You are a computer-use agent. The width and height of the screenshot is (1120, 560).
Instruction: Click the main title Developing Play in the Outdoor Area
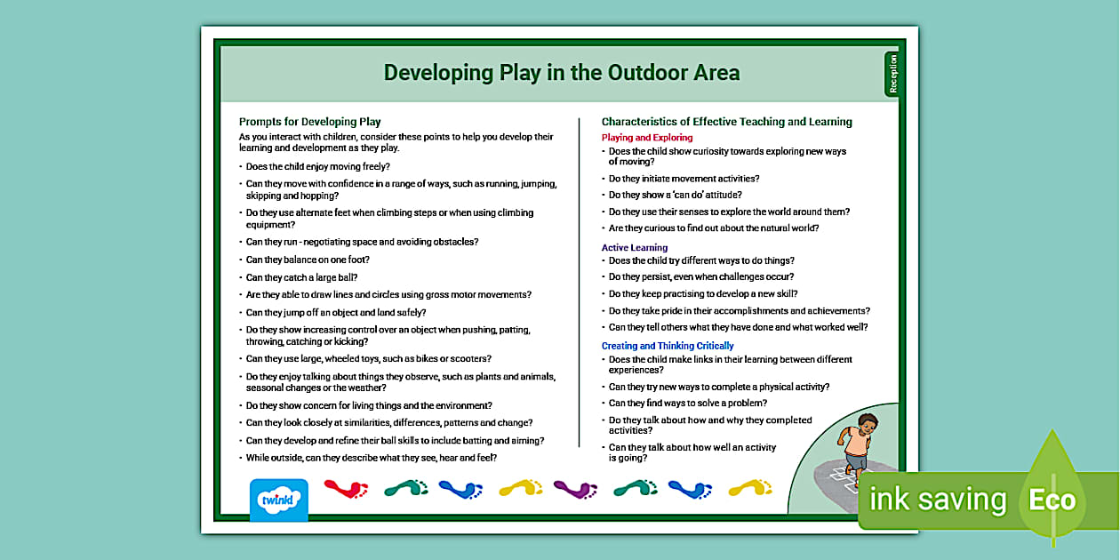(x=561, y=73)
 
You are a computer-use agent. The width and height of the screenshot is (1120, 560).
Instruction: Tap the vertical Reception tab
(x=892, y=73)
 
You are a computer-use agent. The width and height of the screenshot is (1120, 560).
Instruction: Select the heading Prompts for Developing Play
(x=309, y=122)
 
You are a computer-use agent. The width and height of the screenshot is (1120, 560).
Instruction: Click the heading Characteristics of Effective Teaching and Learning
(x=726, y=122)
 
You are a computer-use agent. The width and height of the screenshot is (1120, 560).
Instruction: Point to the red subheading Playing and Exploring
(x=646, y=138)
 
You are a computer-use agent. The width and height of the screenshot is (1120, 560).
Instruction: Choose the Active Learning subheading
(x=634, y=248)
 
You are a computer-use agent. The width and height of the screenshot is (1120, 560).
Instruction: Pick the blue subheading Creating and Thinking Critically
(x=668, y=346)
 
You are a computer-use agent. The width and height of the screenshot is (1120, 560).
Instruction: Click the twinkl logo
(x=278, y=500)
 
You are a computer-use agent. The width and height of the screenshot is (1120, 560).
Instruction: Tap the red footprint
(x=346, y=488)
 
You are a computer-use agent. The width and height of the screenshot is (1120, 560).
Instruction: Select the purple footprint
(x=576, y=488)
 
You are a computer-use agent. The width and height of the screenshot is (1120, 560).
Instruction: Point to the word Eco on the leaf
(x=1052, y=500)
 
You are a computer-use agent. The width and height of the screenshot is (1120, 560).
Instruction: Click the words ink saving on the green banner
(x=938, y=500)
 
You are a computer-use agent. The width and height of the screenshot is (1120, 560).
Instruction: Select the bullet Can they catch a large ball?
(x=301, y=277)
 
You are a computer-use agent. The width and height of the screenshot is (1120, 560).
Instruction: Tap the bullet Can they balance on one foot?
(x=308, y=260)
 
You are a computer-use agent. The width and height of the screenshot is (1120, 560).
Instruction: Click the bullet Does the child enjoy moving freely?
(x=317, y=166)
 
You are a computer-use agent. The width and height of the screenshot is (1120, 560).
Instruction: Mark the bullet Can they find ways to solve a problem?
(x=687, y=404)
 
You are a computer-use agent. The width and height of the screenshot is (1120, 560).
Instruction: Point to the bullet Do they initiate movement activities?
(x=684, y=179)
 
